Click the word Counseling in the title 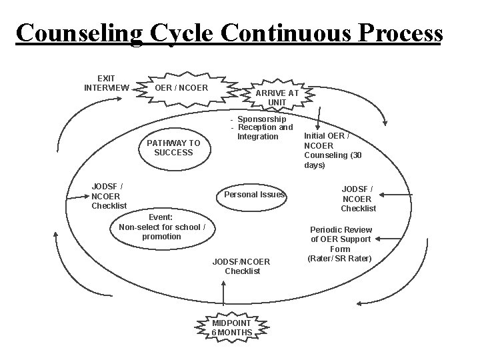(x=79, y=33)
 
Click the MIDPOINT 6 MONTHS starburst (x=232, y=327)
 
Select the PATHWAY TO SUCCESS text (x=173, y=147)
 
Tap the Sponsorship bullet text (x=261, y=119)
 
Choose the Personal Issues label (x=254, y=195)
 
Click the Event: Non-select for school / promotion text (x=161, y=227)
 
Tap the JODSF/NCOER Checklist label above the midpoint (x=242, y=266)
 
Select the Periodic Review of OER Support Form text (x=340, y=239)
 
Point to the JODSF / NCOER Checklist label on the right (x=358, y=199)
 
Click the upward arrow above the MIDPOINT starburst (x=222, y=293)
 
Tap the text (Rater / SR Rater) (x=340, y=259)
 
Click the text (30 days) (x=315, y=165)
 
